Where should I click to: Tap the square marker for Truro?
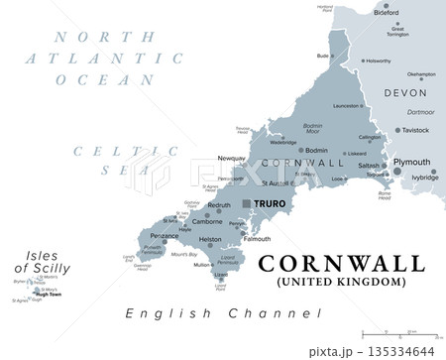coord(246,203)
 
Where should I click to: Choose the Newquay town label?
coord(231,159)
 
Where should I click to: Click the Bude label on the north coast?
coord(322,56)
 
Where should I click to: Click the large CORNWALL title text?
coord(341,263)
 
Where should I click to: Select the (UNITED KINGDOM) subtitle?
coord(342,282)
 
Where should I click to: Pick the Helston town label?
coord(210,240)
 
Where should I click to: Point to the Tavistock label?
coord(414,130)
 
